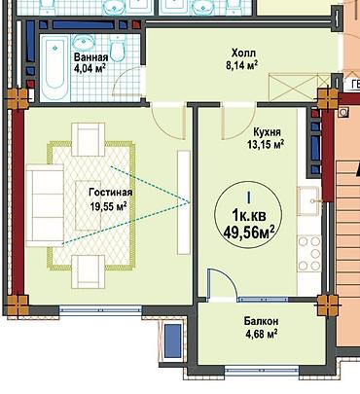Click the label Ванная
point(90,57)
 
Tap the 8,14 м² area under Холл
point(242,65)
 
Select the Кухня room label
point(268,132)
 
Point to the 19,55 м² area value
point(108,206)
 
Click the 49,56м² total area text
point(249,232)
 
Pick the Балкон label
point(261,321)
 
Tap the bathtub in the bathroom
point(54,68)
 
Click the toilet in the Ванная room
point(118,48)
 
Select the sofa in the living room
point(45,205)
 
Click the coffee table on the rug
point(89,205)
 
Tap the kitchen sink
point(309,201)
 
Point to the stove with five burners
point(309,253)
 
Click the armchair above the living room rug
point(89,139)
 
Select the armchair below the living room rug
point(89,271)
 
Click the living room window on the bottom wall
point(100,310)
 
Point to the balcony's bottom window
point(262,371)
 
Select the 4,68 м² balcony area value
point(261,335)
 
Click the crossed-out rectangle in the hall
point(295,88)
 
